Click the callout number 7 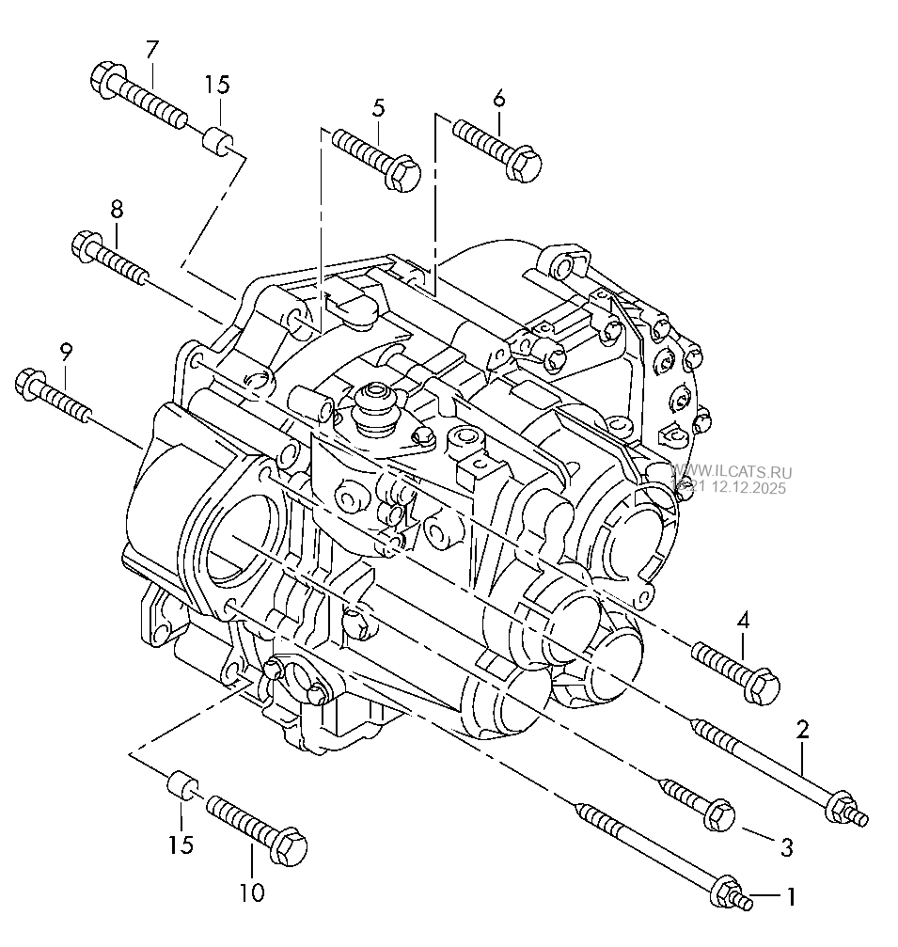point(152,49)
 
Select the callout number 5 point(378,107)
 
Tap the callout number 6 point(498,98)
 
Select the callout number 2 point(802,729)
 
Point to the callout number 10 point(252,892)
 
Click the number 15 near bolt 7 point(217,85)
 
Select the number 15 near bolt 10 point(181,844)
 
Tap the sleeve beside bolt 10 point(181,785)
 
